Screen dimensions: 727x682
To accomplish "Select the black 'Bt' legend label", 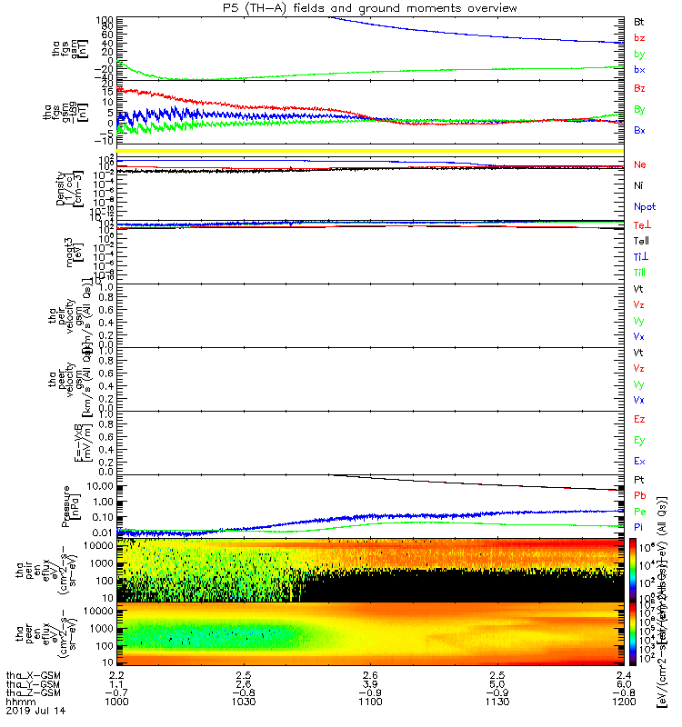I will [x=640, y=21].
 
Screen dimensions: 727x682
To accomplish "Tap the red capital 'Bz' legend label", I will [x=640, y=89].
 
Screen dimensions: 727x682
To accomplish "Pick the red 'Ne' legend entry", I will [x=640, y=164].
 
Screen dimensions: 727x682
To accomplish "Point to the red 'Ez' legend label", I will [x=640, y=420].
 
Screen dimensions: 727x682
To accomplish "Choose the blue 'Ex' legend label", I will [x=640, y=461].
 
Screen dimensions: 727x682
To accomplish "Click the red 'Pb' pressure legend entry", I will [x=640, y=495].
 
